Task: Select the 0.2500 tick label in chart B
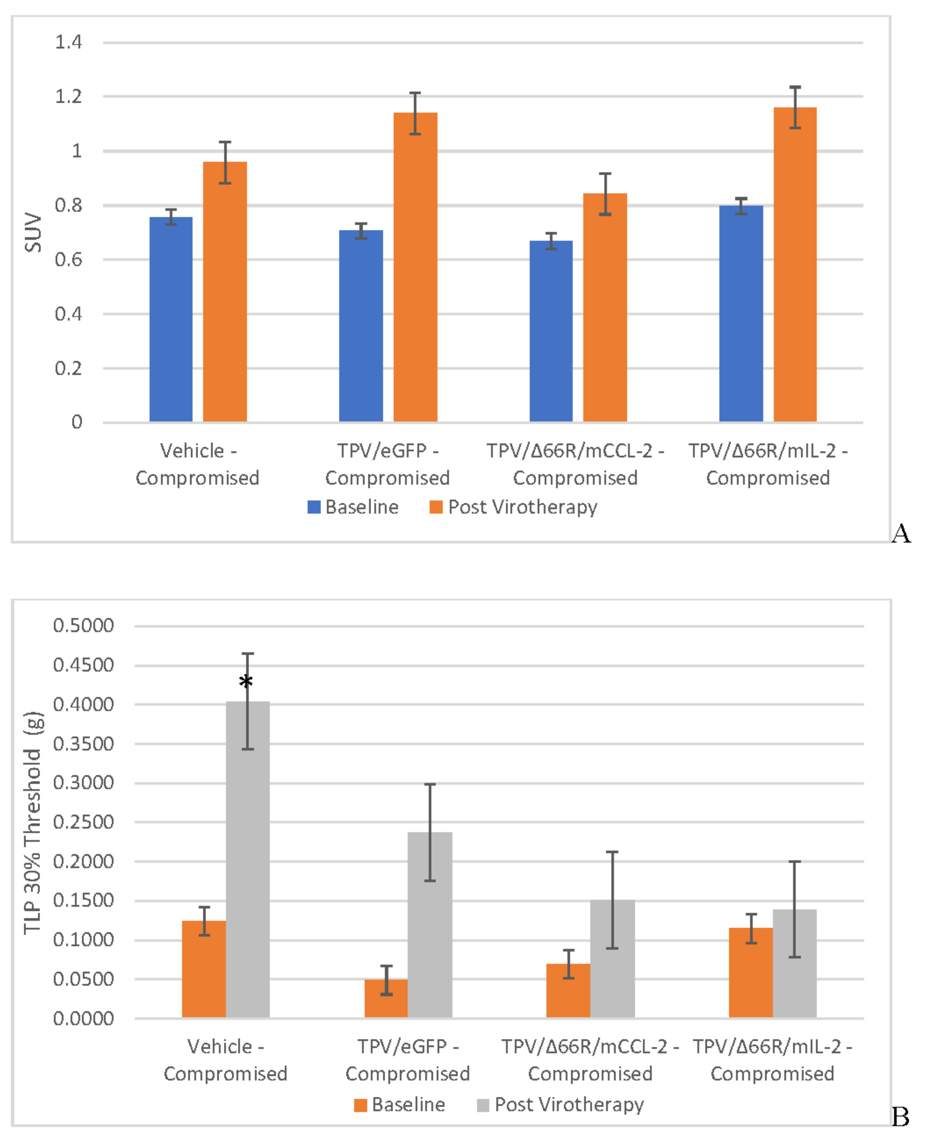tap(83, 822)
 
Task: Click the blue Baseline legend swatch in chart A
tap(313, 507)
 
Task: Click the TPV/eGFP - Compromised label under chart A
tap(387, 464)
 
